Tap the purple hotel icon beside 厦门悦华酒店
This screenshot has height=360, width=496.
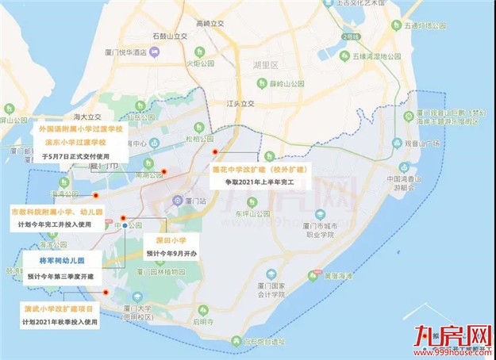[x=156, y=52]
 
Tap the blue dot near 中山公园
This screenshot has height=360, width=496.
[x=125, y=227]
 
